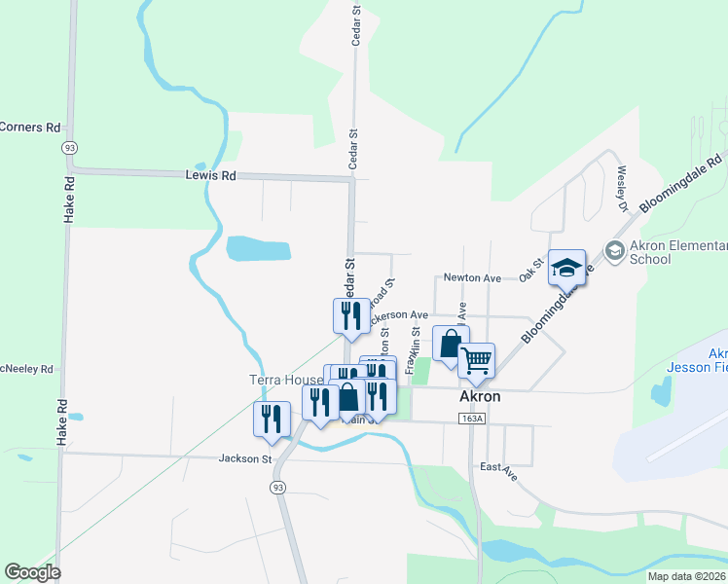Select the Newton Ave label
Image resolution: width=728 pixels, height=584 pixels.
pos(471,278)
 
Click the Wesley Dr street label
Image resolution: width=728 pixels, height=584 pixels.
pos(621,188)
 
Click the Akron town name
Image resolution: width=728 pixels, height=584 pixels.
pos(479,397)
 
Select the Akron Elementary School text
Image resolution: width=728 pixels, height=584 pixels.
pos(679,251)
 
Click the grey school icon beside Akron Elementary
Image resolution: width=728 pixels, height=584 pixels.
pos(614,251)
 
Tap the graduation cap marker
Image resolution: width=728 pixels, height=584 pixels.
pos(567,267)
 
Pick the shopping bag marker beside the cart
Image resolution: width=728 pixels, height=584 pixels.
pos(450,344)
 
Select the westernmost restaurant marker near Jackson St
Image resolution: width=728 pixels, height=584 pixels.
pos(272,418)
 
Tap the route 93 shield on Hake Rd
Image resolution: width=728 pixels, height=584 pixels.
pos(68,147)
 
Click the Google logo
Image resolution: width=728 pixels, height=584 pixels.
pos(32,572)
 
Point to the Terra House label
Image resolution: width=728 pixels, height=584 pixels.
pos(282,378)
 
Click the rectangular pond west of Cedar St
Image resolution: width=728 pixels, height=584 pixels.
pos(259,249)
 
